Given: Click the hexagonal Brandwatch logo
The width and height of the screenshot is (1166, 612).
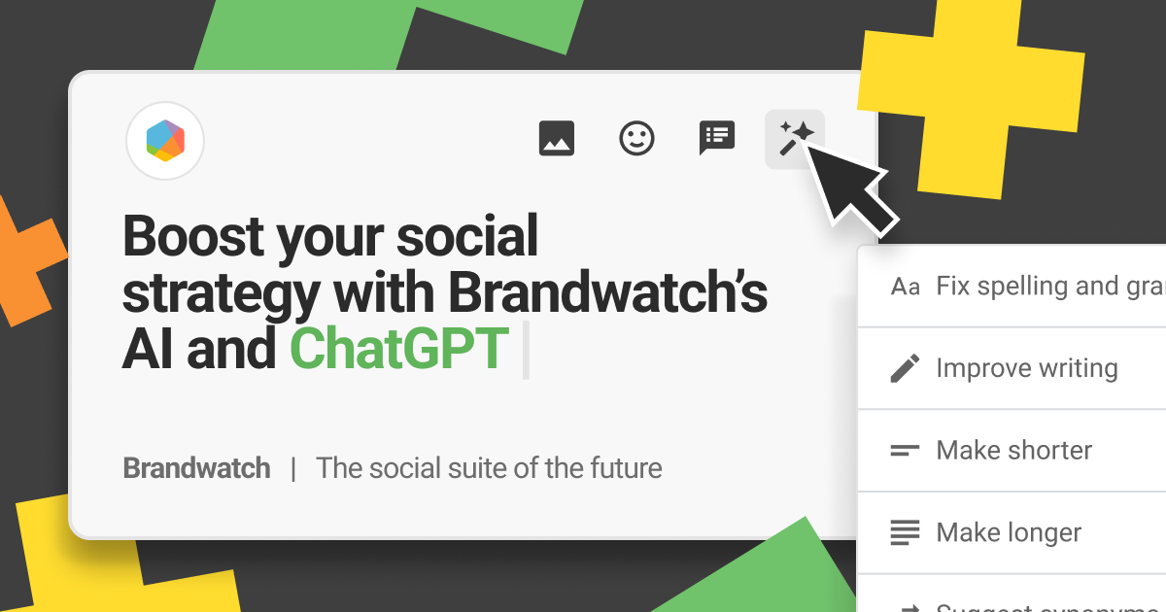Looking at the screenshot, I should pos(165,141).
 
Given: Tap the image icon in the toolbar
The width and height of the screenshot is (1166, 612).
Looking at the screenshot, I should pos(557,138).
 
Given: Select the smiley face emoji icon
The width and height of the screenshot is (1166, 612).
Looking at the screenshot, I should pos(636,138).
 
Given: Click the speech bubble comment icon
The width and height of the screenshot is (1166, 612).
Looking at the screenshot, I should pos(717,138).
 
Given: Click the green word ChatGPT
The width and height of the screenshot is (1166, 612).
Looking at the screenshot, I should pos(399,349).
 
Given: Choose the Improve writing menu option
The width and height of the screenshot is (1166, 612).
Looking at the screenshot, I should pos(1026,369).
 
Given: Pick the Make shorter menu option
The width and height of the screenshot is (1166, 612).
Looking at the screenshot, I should pos(1013,451).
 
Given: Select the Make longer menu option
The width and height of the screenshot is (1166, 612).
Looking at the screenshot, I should pos(1009,532).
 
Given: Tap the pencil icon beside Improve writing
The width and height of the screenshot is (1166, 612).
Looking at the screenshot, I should pos(905,369).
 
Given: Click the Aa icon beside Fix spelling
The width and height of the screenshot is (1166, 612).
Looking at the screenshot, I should pos(905,288).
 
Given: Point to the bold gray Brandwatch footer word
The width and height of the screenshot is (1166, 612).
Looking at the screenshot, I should pos(196,468).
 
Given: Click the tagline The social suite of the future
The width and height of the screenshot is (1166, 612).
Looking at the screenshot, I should pos(489,468).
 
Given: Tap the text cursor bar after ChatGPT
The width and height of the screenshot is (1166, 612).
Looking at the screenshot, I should pos(526,350).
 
